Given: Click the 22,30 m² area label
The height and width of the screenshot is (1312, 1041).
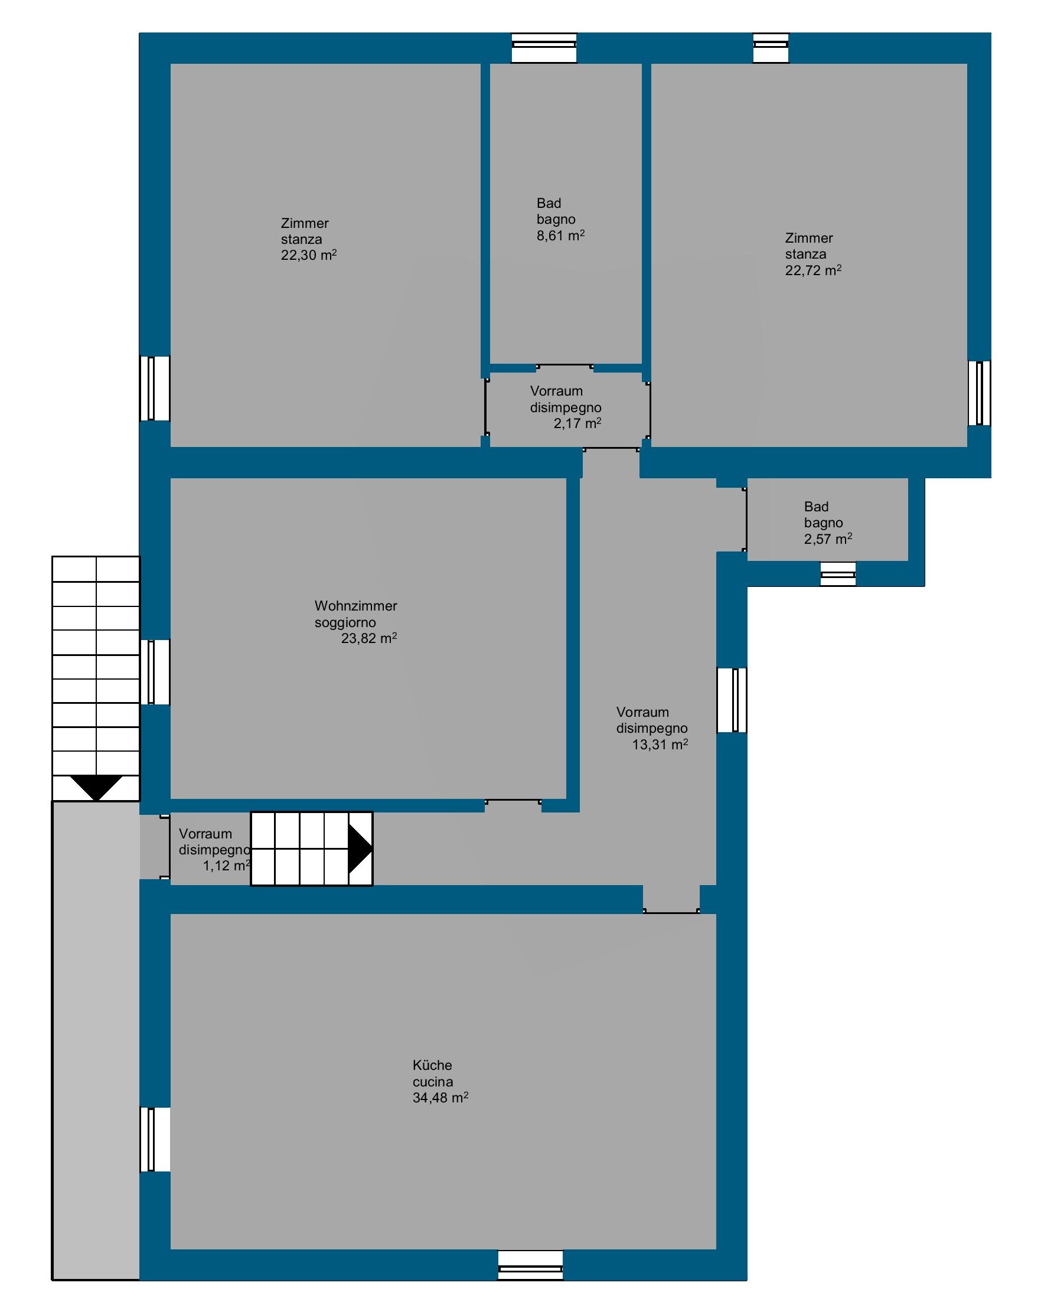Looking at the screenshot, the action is point(308,255).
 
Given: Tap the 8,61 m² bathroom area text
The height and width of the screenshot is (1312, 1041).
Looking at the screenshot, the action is point(560,236).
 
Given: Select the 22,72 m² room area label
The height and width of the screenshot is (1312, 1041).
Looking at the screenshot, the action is point(813,270).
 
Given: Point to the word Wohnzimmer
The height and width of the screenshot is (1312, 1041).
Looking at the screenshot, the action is point(355,605).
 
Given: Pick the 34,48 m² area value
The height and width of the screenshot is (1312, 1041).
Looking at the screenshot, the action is point(440,1097).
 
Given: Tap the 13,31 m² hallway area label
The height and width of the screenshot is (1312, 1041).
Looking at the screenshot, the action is point(660,744).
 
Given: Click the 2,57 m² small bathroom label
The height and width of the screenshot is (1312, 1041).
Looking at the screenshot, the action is point(828,538).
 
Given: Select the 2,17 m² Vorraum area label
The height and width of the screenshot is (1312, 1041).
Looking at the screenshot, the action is point(577,423).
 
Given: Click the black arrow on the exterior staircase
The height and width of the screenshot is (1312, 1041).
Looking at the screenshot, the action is point(96,788).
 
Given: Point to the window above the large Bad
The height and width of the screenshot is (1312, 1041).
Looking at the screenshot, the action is point(543,48).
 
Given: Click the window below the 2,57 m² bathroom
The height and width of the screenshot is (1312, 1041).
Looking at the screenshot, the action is point(838,574).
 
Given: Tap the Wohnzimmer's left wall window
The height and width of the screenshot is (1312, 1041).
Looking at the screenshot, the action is point(155,672).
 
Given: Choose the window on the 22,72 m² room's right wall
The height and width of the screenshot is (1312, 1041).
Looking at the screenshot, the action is point(979,393).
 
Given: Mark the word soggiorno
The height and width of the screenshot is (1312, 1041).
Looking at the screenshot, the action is point(345,622).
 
